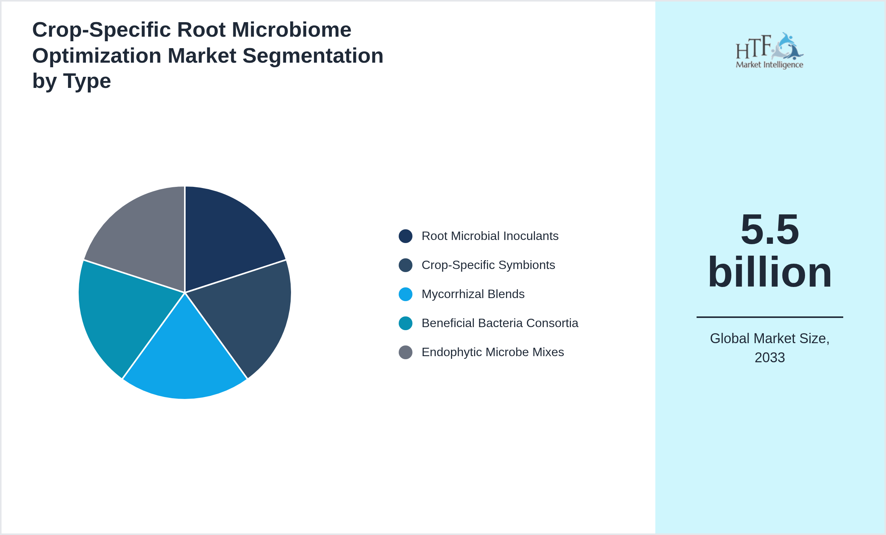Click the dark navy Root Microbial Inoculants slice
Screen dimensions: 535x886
pyautogui.click(x=225, y=237)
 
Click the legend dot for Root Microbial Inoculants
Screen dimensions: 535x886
pyautogui.click(x=405, y=236)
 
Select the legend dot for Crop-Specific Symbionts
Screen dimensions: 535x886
pyautogui.click(x=405, y=265)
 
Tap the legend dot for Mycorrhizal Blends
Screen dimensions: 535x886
pyautogui.click(x=405, y=294)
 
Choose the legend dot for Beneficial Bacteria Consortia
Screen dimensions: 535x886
pyautogui.click(x=405, y=323)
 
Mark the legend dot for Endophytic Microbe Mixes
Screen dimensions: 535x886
pyautogui.click(x=405, y=352)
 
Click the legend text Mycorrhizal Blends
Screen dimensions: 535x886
pyautogui.click(x=473, y=294)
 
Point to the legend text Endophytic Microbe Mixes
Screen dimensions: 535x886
pyautogui.click(x=493, y=352)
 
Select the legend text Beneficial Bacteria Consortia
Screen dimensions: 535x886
pyautogui.click(x=500, y=323)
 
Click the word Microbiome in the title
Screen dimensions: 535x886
pyautogui.click(x=291, y=30)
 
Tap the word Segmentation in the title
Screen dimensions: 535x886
pyautogui.click(x=313, y=56)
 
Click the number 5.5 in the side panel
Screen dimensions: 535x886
pyautogui.click(x=770, y=229)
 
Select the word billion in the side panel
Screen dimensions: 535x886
pyautogui.click(x=770, y=272)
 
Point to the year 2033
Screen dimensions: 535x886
pyautogui.click(x=770, y=358)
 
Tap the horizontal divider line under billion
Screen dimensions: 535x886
pyautogui.click(x=770, y=317)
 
